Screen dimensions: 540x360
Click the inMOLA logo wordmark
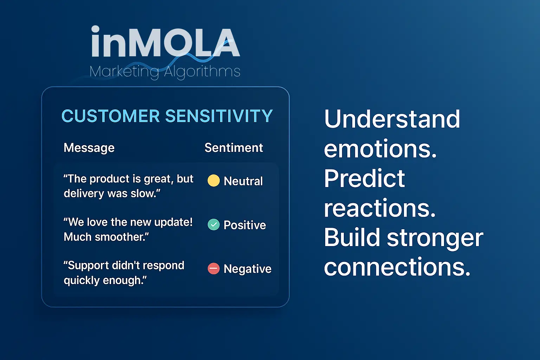click(x=166, y=41)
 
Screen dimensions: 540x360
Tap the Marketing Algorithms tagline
click(x=165, y=72)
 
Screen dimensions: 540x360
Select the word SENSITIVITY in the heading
click(x=219, y=116)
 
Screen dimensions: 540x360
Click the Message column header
click(x=89, y=148)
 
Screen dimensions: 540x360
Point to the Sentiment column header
click(x=233, y=148)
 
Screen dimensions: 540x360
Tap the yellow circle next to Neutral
click(x=214, y=181)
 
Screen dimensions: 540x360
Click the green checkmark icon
click(x=214, y=225)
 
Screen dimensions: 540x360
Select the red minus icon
click(x=214, y=268)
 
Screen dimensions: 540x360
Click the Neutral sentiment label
click(x=243, y=181)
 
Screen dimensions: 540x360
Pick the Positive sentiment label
click(x=245, y=225)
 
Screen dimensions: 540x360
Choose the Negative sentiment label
click(x=247, y=269)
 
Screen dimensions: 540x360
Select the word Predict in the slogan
click(x=364, y=178)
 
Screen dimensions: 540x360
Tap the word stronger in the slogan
click(x=435, y=238)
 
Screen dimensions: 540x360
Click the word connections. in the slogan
click(x=397, y=267)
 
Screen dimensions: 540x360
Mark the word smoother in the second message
click(x=122, y=237)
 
